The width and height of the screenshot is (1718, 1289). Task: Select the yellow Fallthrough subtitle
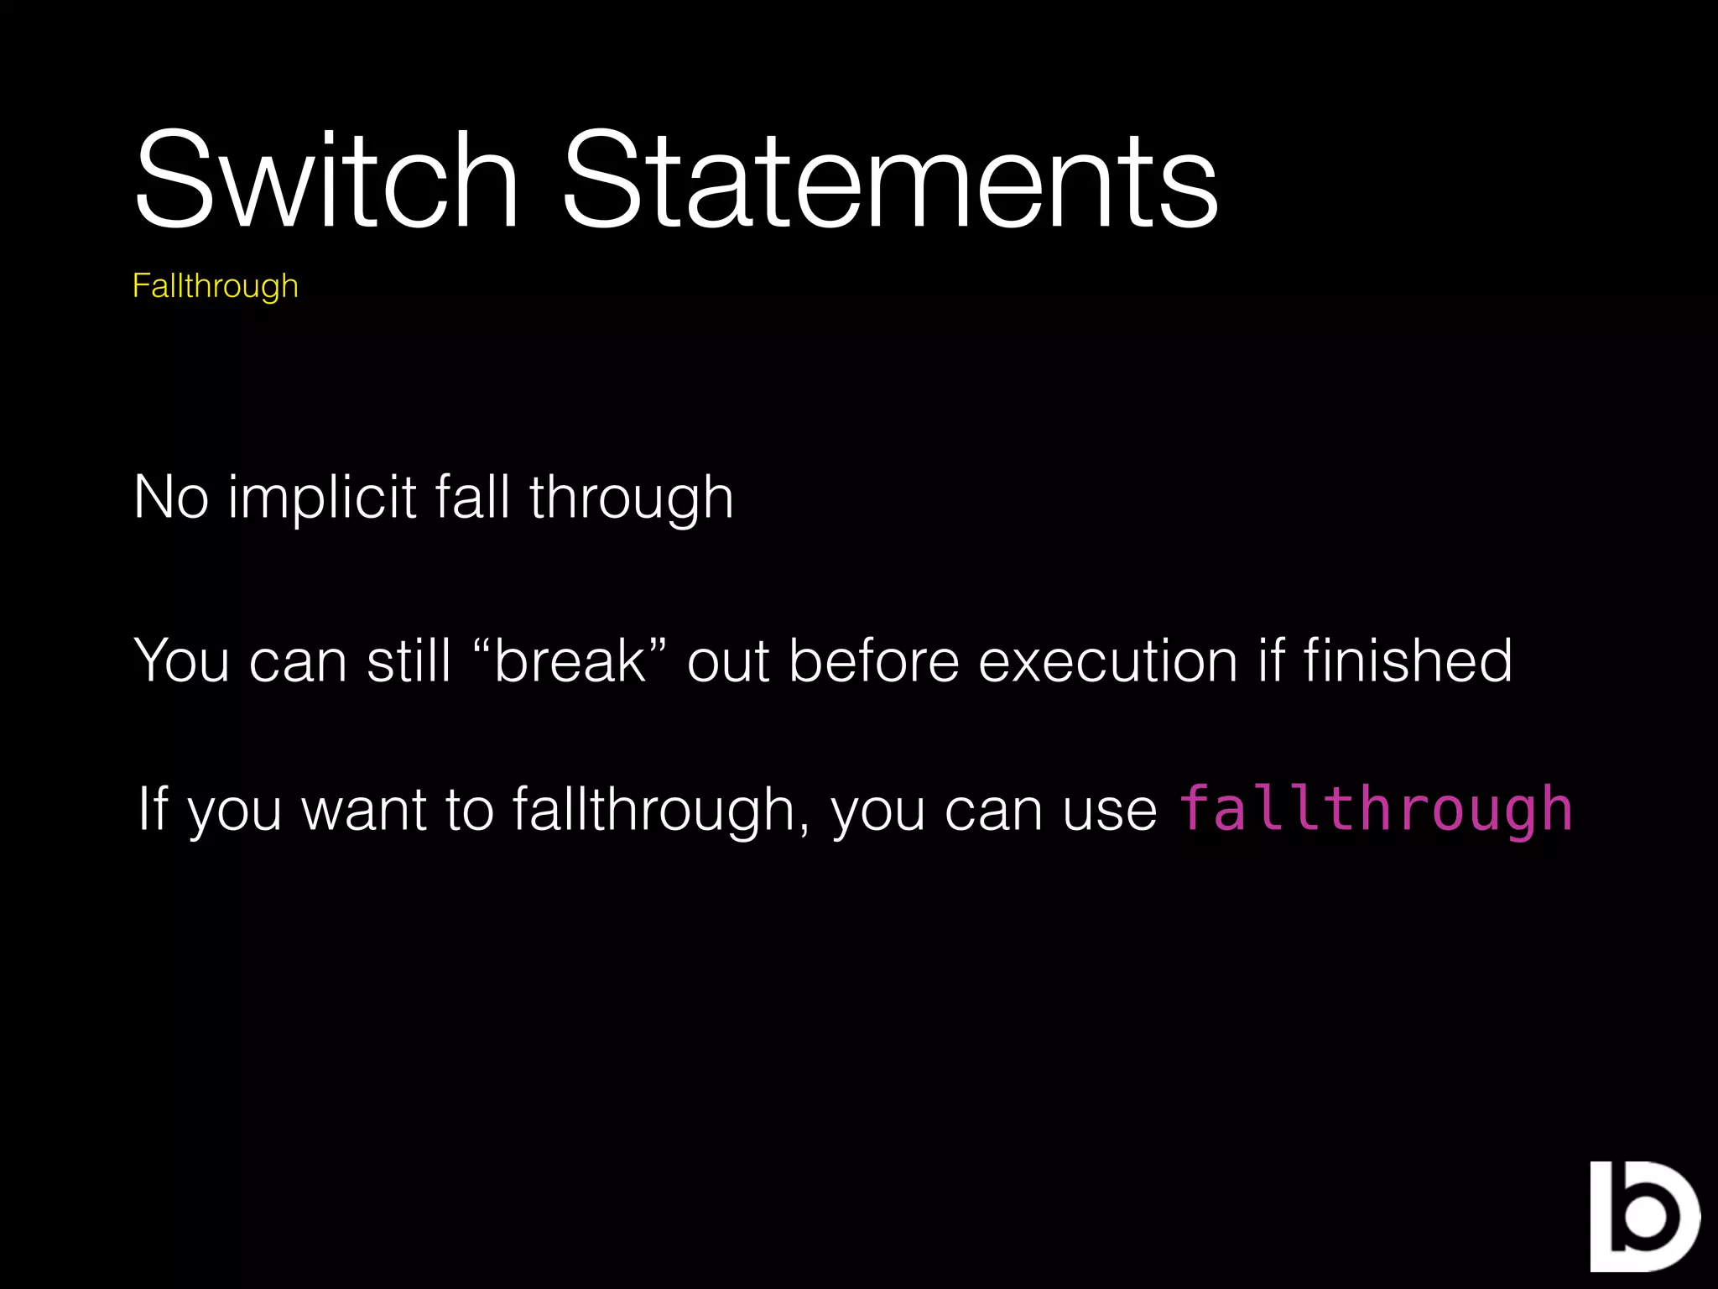216,286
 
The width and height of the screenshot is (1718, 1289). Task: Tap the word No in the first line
171,497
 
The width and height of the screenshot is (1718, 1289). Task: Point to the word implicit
322,498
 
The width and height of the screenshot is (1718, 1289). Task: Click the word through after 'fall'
632,498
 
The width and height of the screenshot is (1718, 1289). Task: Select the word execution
1107,660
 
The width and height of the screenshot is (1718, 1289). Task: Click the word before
873,660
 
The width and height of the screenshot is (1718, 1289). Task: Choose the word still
409,660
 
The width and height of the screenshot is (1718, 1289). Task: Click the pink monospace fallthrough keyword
1376,810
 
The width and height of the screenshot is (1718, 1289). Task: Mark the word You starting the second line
182,660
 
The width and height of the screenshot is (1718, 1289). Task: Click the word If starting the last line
153,809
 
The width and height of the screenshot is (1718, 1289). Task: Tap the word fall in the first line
472,497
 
